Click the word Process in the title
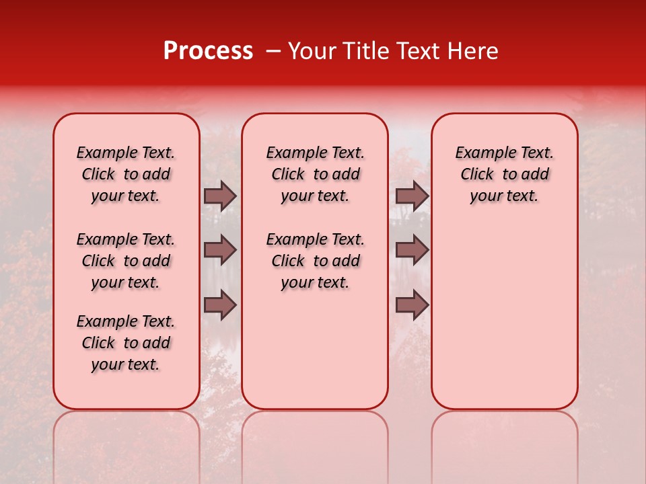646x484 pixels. pyautogui.click(x=208, y=51)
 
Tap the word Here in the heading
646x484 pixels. pyautogui.click(x=470, y=51)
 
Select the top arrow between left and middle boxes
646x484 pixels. pyautogui.click(x=220, y=196)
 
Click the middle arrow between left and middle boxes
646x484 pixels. pyautogui.click(x=220, y=250)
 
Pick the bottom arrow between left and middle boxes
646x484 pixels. pyautogui.click(x=220, y=305)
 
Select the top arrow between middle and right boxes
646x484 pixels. pyautogui.click(x=412, y=196)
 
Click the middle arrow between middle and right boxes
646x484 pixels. pyautogui.click(x=412, y=250)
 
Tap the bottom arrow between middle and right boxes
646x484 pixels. pyautogui.click(x=412, y=305)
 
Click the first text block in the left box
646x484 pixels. pyautogui.click(x=126, y=174)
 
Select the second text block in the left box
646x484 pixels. pyautogui.click(x=126, y=261)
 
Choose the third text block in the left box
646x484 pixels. pyautogui.click(x=126, y=343)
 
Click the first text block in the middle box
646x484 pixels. pyautogui.click(x=315, y=174)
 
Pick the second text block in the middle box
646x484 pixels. pyautogui.click(x=315, y=261)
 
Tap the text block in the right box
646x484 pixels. pyautogui.click(x=504, y=174)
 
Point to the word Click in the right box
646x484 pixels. pyautogui.click(x=477, y=175)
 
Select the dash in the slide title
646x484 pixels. pyautogui.click(x=273, y=51)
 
